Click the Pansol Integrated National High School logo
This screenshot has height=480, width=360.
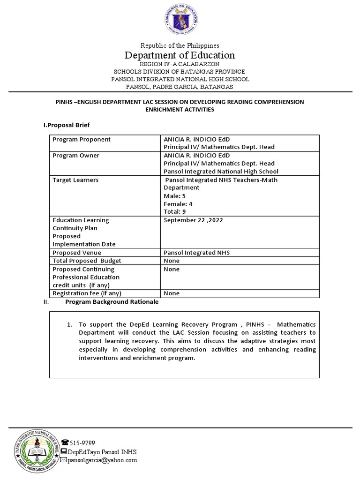pyautogui.click(x=35, y=451)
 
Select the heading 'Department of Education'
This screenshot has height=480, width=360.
pyautogui.click(x=180, y=55)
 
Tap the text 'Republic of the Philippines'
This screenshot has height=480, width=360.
pyautogui.click(x=180, y=45)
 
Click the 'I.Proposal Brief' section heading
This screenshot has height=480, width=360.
pyautogui.click(x=66, y=125)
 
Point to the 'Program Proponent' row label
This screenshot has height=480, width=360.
pyautogui.click(x=82, y=139)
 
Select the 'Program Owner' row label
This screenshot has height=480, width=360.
pyautogui.click(x=76, y=155)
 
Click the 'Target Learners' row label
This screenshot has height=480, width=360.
pyautogui.click(x=75, y=180)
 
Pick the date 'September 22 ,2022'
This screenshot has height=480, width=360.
pyautogui.click(x=193, y=220)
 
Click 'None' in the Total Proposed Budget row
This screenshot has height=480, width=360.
pyautogui.click(x=172, y=261)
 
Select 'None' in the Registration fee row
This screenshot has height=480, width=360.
pyautogui.click(x=172, y=293)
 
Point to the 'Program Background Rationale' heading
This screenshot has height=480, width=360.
pyautogui.click(x=112, y=302)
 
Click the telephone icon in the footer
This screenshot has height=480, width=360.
pyautogui.click(x=65, y=442)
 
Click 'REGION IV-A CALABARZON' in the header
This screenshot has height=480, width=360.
pyautogui.click(x=180, y=64)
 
